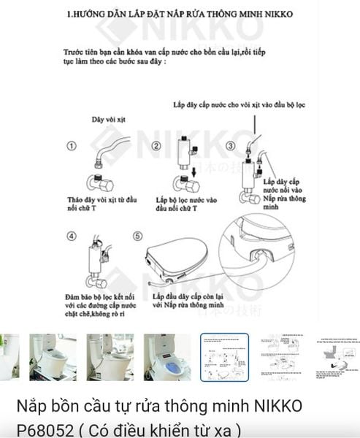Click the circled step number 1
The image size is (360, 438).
pos(72,146)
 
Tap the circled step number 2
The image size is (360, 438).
pos(156,146)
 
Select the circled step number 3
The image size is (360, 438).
pos(230,146)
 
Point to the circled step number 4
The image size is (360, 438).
pos(72,236)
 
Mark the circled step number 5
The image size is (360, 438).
pos(137,236)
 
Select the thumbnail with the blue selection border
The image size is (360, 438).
pos(224,357)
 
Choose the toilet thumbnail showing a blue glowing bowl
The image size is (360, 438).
pos(167,357)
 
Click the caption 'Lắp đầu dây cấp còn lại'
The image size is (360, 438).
pos(185,299)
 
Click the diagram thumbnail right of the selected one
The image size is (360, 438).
pos(281,357)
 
